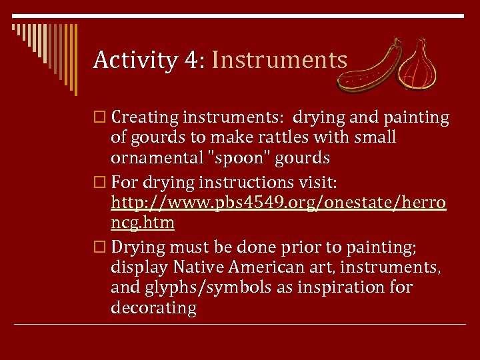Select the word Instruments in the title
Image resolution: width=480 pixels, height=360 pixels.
(x=279, y=61)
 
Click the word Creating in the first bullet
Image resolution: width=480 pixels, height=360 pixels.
(x=145, y=118)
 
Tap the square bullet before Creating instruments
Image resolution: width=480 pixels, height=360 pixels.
(x=101, y=118)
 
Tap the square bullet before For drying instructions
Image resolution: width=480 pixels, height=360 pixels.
(x=101, y=182)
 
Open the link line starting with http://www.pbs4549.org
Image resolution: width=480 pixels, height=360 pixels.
(x=279, y=202)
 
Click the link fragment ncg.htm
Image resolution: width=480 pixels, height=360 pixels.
(x=143, y=223)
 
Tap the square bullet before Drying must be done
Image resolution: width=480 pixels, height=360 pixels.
(x=101, y=247)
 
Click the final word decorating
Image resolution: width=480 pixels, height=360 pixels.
(x=154, y=308)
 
